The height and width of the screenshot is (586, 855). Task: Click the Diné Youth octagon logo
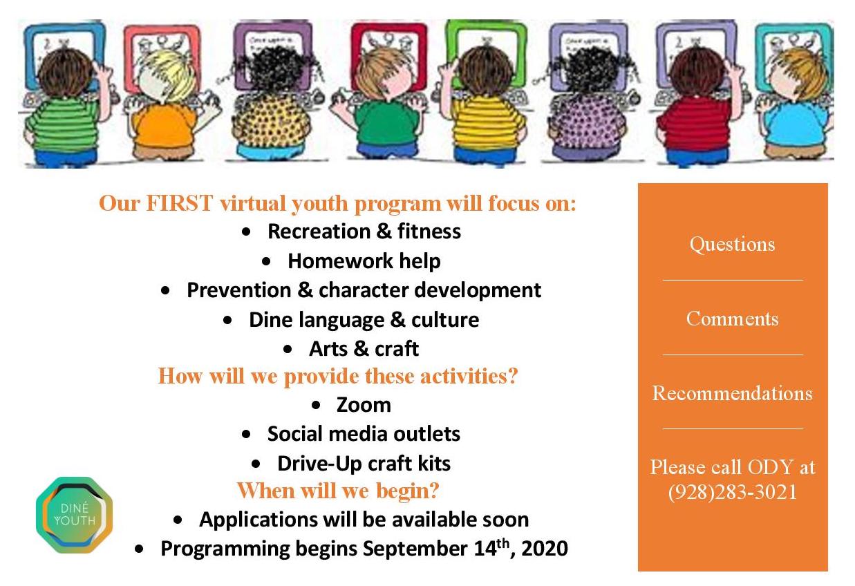[75, 515]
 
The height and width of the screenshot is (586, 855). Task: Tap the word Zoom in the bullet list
[364, 405]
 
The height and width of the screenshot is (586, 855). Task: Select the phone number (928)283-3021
[733, 492]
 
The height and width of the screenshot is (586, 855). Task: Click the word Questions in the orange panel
[733, 244]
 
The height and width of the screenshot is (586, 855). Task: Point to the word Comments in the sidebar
[733, 319]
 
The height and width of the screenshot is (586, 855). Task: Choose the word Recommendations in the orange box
[733, 393]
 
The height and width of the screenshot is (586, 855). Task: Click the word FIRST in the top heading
[180, 203]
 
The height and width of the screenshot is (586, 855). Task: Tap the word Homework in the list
[340, 261]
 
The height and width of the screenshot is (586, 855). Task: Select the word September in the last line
[415, 549]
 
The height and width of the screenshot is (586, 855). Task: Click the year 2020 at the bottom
[545, 549]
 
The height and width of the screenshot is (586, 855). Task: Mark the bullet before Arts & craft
[288, 349]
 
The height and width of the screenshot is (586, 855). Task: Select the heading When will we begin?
[338, 491]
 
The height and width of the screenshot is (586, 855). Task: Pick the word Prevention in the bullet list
[239, 290]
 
